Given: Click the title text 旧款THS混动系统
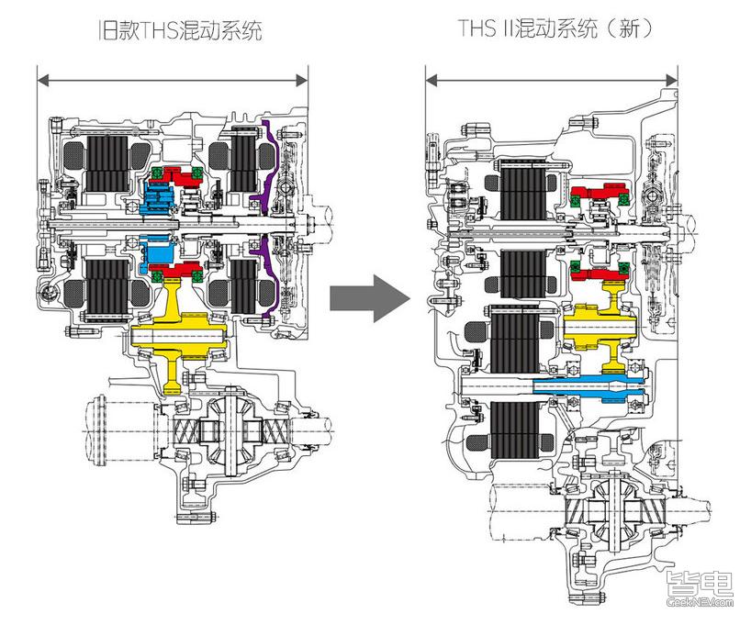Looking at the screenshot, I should click(x=180, y=30).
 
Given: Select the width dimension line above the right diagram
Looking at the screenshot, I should click(x=551, y=81).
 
